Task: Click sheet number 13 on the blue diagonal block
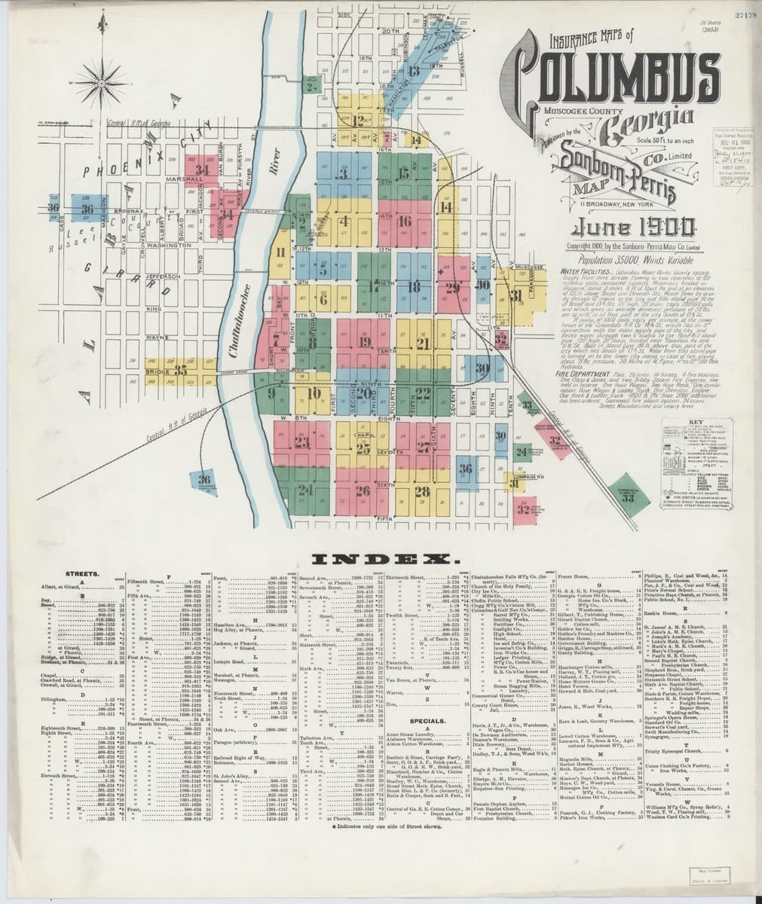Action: tap(413, 72)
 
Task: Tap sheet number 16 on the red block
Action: tap(404, 221)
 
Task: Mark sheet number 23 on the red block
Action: tap(303, 443)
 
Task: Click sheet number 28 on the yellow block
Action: tap(421, 492)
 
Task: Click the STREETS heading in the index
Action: tap(86, 574)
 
